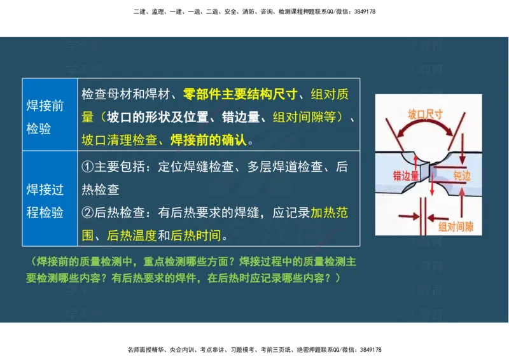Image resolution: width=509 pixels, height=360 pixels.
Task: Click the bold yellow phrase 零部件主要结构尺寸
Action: tap(241, 95)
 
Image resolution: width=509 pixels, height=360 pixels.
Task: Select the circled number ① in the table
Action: tap(88, 168)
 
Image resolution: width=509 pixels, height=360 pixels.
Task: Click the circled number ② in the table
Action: tap(88, 213)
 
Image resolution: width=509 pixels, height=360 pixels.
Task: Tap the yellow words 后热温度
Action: tap(132, 236)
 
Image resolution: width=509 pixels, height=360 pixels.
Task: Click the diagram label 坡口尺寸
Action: tap(425, 115)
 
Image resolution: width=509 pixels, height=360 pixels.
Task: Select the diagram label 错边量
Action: tap(406, 176)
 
